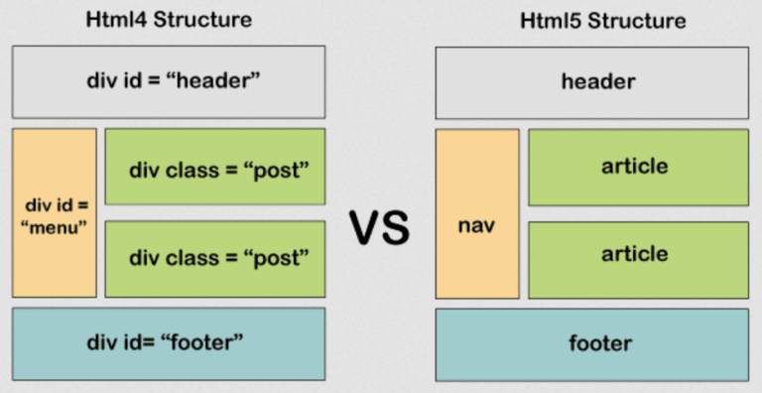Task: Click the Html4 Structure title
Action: tap(169, 20)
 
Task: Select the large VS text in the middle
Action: tap(379, 227)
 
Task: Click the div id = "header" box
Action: tap(169, 81)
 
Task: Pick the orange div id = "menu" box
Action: tap(55, 212)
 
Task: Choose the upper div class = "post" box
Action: tap(214, 167)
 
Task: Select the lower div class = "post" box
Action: tap(214, 258)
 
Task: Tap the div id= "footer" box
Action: tap(169, 343)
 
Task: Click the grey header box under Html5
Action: tap(591, 81)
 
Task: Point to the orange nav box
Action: tap(477, 212)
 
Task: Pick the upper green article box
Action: tap(638, 167)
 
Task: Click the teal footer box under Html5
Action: tap(591, 343)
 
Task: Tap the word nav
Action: tap(476, 226)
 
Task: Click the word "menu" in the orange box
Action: tap(55, 228)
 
